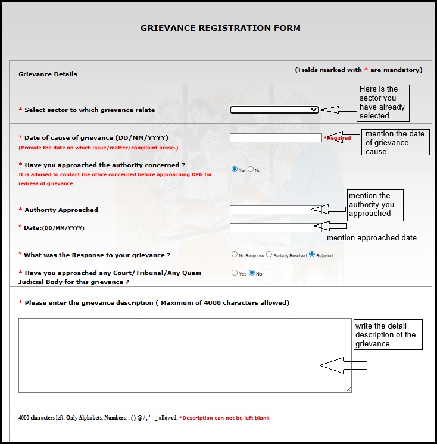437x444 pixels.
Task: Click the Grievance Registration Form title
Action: coord(220,28)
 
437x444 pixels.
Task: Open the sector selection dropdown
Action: coord(274,110)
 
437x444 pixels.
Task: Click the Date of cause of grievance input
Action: coord(276,137)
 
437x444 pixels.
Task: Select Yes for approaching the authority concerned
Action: coord(235,170)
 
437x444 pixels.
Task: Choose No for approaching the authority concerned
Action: coord(251,170)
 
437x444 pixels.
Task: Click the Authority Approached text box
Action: coord(271,210)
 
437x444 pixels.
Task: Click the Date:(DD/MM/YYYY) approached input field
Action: coord(271,227)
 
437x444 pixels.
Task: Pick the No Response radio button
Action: coord(235,254)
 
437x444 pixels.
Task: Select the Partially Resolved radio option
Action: coord(269,254)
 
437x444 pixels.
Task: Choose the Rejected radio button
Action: coord(311,254)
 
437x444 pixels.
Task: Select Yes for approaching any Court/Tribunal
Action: coord(235,273)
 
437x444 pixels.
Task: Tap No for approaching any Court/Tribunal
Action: coord(252,273)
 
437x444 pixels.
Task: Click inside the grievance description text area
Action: coord(179,355)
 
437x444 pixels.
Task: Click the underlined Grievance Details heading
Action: coord(48,74)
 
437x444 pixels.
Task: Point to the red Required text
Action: coord(339,138)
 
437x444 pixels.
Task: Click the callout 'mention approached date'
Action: coord(372,238)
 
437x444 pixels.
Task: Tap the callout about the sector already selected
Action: coord(385,102)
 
